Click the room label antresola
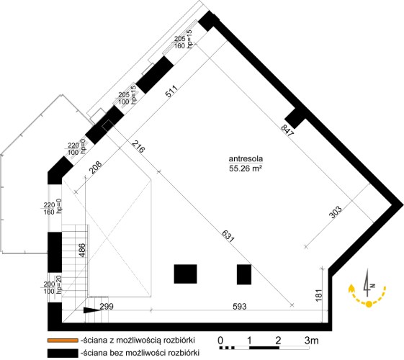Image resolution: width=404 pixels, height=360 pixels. (x=246, y=159)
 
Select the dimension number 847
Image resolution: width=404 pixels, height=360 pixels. (x=287, y=130)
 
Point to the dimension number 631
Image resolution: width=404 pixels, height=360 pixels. (x=228, y=236)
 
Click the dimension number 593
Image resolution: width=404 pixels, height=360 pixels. (x=240, y=307)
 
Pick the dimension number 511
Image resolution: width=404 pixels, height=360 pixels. (x=171, y=91)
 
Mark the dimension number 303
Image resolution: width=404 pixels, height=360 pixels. (x=336, y=212)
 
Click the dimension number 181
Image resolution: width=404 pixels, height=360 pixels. (x=319, y=295)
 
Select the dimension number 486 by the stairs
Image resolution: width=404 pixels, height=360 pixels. (x=82, y=250)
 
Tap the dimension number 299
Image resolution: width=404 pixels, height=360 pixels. (x=107, y=307)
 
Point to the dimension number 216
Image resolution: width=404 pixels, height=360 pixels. (x=138, y=147)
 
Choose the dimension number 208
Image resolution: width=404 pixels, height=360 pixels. (x=96, y=167)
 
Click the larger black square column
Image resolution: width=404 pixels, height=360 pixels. (x=186, y=274)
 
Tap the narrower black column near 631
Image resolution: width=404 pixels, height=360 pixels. (x=244, y=274)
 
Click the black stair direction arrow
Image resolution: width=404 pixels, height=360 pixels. (x=92, y=310)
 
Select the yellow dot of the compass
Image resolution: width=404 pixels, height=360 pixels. (x=369, y=304)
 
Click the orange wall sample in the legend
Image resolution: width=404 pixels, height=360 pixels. (x=63, y=341)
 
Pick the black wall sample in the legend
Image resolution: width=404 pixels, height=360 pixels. (x=63, y=353)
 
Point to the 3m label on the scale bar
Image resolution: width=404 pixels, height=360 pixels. (x=312, y=341)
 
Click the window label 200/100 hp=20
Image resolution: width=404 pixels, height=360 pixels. (x=53, y=287)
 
